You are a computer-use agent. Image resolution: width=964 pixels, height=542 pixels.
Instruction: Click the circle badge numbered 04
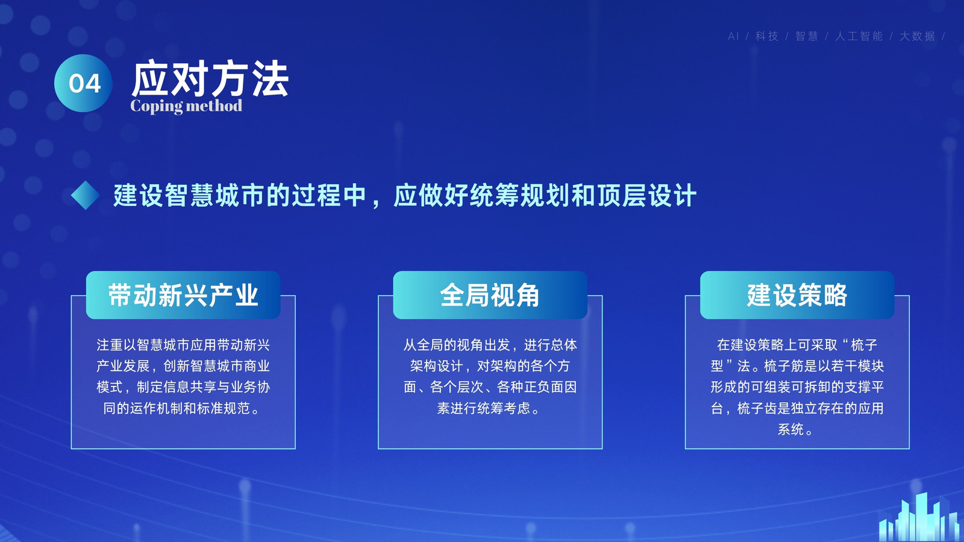(x=83, y=83)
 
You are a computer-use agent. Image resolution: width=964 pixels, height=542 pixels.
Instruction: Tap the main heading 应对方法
(x=210, y=79)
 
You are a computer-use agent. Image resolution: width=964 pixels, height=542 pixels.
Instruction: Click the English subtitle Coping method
(x=186, y=106)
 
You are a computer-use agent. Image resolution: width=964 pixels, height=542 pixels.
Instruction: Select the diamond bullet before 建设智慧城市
(x=85, y=195)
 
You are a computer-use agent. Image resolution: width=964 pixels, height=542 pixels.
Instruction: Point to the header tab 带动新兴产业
(x=183, y=295)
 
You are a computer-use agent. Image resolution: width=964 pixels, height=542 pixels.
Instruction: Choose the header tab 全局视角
(x=490, y=295)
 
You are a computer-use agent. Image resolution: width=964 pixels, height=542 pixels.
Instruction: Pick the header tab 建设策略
(x=797, y=295)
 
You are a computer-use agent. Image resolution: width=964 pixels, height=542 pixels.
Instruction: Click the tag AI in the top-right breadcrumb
(x=733, y=36)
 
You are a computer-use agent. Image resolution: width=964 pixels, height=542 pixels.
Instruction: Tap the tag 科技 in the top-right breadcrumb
(x=767, y=36)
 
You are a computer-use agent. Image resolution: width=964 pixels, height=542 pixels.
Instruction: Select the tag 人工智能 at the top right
(x=859, y=36)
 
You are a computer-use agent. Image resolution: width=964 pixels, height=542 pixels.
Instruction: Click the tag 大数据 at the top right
(x=917, y=36)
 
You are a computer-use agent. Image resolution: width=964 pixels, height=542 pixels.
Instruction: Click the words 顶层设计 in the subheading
(x=646, y=195)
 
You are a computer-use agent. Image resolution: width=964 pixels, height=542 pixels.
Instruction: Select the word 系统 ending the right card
(x=790, y=429)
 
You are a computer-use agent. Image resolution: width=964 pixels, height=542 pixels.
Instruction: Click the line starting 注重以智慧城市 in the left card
(x=183, y=345)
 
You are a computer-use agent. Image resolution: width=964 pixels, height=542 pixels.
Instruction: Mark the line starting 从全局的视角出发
(x=490, y=345)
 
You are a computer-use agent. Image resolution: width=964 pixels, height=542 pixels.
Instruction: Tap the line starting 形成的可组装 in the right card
(x=797, y=387)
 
